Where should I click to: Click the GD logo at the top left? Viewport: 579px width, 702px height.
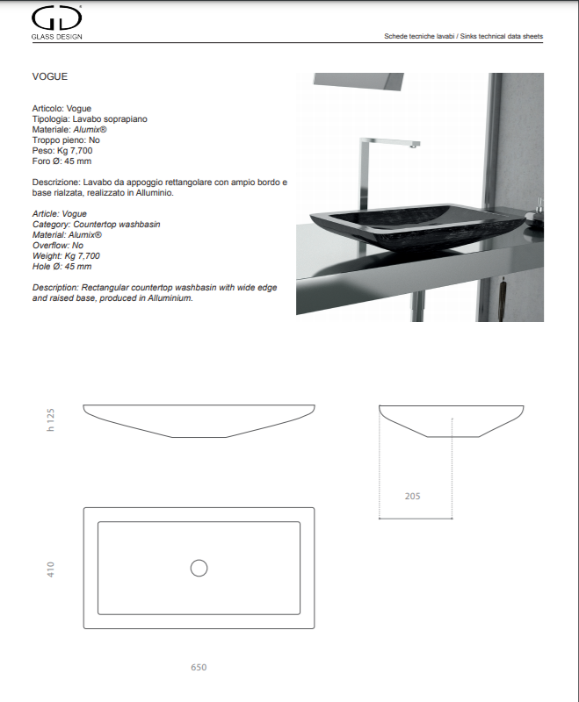pos(56,18)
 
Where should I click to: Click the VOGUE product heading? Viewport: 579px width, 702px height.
pos(49,77)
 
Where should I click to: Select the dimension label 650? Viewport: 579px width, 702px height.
pos(199,668)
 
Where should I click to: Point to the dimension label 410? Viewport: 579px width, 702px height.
pos(52,569)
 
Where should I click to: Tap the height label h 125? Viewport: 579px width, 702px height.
pos(51,420)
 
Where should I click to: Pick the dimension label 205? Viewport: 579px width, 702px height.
pos(412,496)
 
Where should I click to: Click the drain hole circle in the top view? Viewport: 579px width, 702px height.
pos(199,569)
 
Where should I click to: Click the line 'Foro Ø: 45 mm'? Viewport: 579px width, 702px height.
pos(62,161)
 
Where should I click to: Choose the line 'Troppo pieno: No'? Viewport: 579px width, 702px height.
pos(66,140)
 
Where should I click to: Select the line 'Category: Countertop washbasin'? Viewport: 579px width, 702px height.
pos(96,225)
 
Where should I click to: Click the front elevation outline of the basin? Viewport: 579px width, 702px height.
pos(199,421)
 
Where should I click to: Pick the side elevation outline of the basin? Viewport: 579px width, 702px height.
pos(452,421)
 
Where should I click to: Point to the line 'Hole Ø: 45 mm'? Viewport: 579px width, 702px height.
pos(62,266)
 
